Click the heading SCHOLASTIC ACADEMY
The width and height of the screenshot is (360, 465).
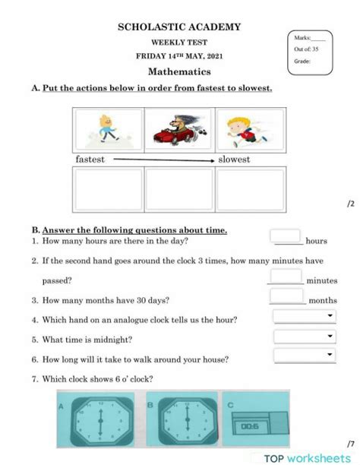[179, 27]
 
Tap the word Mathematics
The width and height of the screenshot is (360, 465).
[179, 71]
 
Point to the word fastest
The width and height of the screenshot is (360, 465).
[90, 160]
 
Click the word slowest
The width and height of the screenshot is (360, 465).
[234, 160]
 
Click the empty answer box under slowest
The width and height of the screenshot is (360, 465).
[249, 190]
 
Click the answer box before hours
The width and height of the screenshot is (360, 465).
[286, 237]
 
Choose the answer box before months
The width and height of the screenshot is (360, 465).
[286, 297]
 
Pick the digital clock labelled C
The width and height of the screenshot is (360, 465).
[260, 419]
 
